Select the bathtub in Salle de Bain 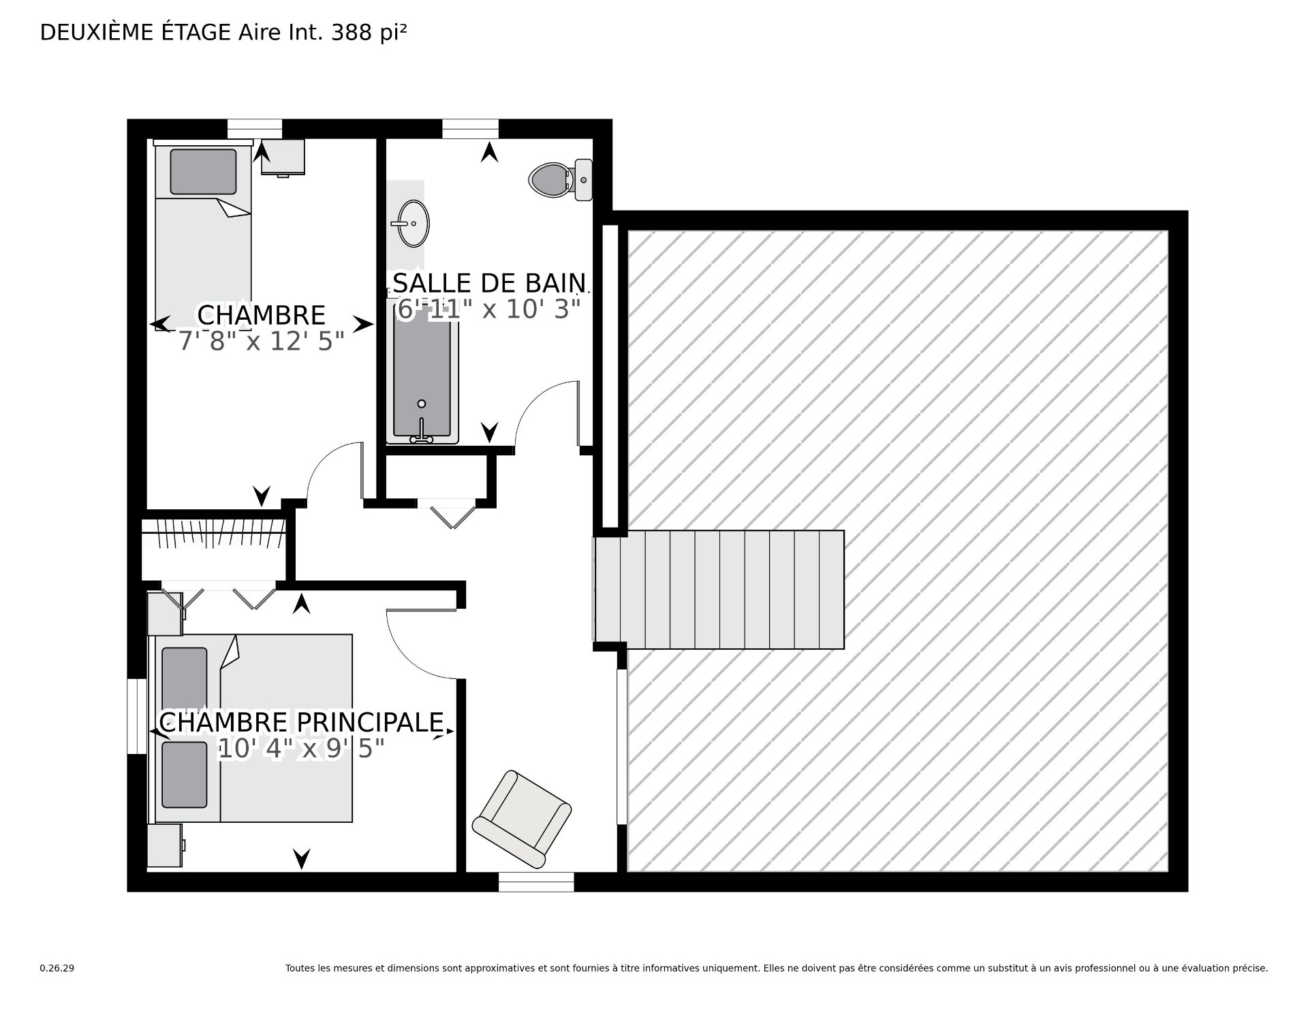click(422, 375)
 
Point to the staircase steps click(719, 590)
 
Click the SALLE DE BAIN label click(489, 283)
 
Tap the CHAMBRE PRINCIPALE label click(301, 722)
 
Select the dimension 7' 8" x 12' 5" click(262, 341)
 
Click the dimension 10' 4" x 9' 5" click(301, 749)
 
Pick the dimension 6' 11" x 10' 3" click(488, 310)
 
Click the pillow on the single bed click(203, 172)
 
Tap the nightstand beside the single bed click(283, 157)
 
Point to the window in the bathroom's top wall click(470, 129)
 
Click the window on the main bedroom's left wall click(137, 716)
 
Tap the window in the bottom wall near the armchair click(536, 881)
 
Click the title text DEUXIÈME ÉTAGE click(136, 32)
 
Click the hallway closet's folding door click(446, 513)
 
